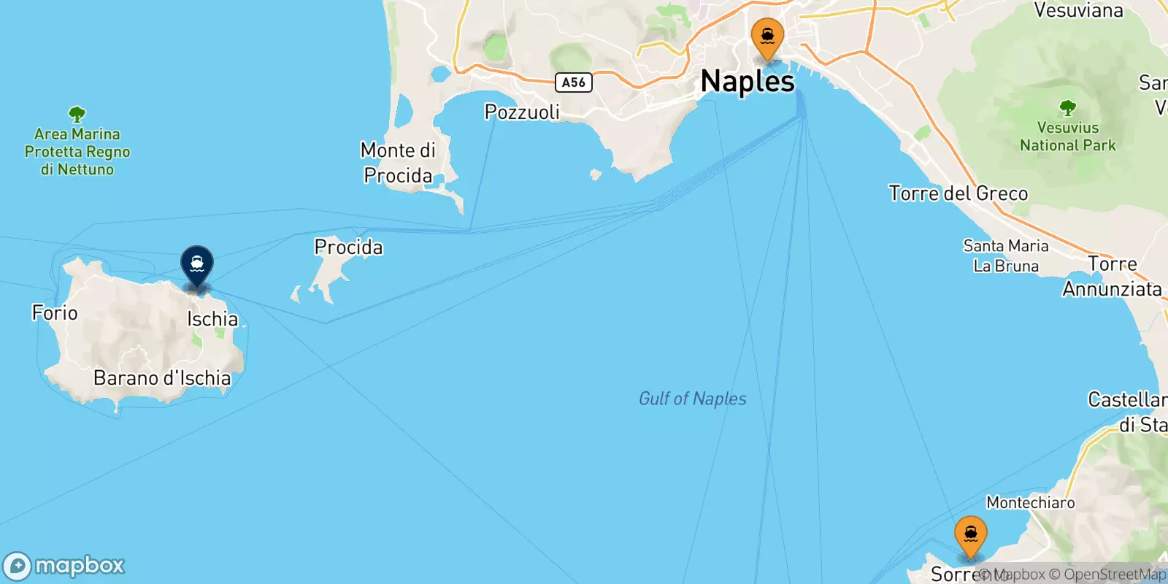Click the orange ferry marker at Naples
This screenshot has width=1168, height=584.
(767, 37)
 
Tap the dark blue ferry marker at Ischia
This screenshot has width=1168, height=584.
(197, 264)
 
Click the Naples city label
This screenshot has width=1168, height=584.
(747, 81)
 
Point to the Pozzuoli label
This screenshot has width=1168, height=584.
(522, 112)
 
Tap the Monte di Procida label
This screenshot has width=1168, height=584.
(398, 163)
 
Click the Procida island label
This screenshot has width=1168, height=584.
(348, 247)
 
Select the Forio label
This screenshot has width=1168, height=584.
(55, 312)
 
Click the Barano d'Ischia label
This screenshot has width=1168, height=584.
(162, 378)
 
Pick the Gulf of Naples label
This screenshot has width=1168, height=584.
(692, 399)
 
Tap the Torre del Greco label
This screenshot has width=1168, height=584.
(958, 193)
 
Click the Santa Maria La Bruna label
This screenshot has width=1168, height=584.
(1005, 255)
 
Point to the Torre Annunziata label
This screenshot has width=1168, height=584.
(1112, 277)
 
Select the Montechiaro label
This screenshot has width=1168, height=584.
(1030, 502)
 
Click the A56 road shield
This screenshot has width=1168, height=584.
(573, 82)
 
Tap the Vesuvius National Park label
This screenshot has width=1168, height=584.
(1067, 137)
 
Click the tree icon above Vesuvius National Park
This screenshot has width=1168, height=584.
(1067, 109)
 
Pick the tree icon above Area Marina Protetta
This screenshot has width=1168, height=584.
(77, 114)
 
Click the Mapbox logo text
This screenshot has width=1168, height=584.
(79, 565)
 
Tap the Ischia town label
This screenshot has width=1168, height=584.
(212, 319)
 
